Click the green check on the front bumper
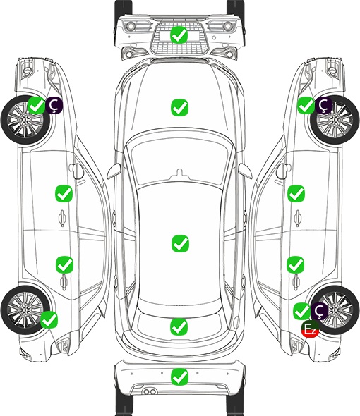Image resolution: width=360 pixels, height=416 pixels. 179,35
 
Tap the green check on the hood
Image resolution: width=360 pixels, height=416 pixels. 179,107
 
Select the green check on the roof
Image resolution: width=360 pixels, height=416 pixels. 180,243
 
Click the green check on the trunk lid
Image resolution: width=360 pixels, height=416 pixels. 179,326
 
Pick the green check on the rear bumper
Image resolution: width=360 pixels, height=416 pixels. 179,377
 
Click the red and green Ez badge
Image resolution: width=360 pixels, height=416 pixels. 310,329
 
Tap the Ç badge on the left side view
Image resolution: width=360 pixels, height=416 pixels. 54,105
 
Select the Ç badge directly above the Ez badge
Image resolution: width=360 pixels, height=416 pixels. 319,311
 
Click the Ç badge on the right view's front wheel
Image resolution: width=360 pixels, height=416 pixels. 323,105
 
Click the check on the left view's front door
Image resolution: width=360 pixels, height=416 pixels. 64,193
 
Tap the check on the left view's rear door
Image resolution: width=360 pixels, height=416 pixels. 64,264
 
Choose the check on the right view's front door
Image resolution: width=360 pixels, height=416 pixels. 296,193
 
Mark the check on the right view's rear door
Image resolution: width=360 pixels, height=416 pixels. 295,264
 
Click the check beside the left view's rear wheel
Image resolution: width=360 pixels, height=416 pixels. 49,319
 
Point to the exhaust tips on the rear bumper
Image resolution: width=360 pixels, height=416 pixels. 150,391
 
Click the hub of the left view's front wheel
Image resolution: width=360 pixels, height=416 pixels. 25,120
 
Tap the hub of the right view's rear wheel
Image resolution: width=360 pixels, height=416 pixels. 335,310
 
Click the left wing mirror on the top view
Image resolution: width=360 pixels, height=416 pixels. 114,171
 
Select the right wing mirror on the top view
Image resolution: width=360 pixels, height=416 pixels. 245,171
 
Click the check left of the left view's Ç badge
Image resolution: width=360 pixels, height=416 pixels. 37,105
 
